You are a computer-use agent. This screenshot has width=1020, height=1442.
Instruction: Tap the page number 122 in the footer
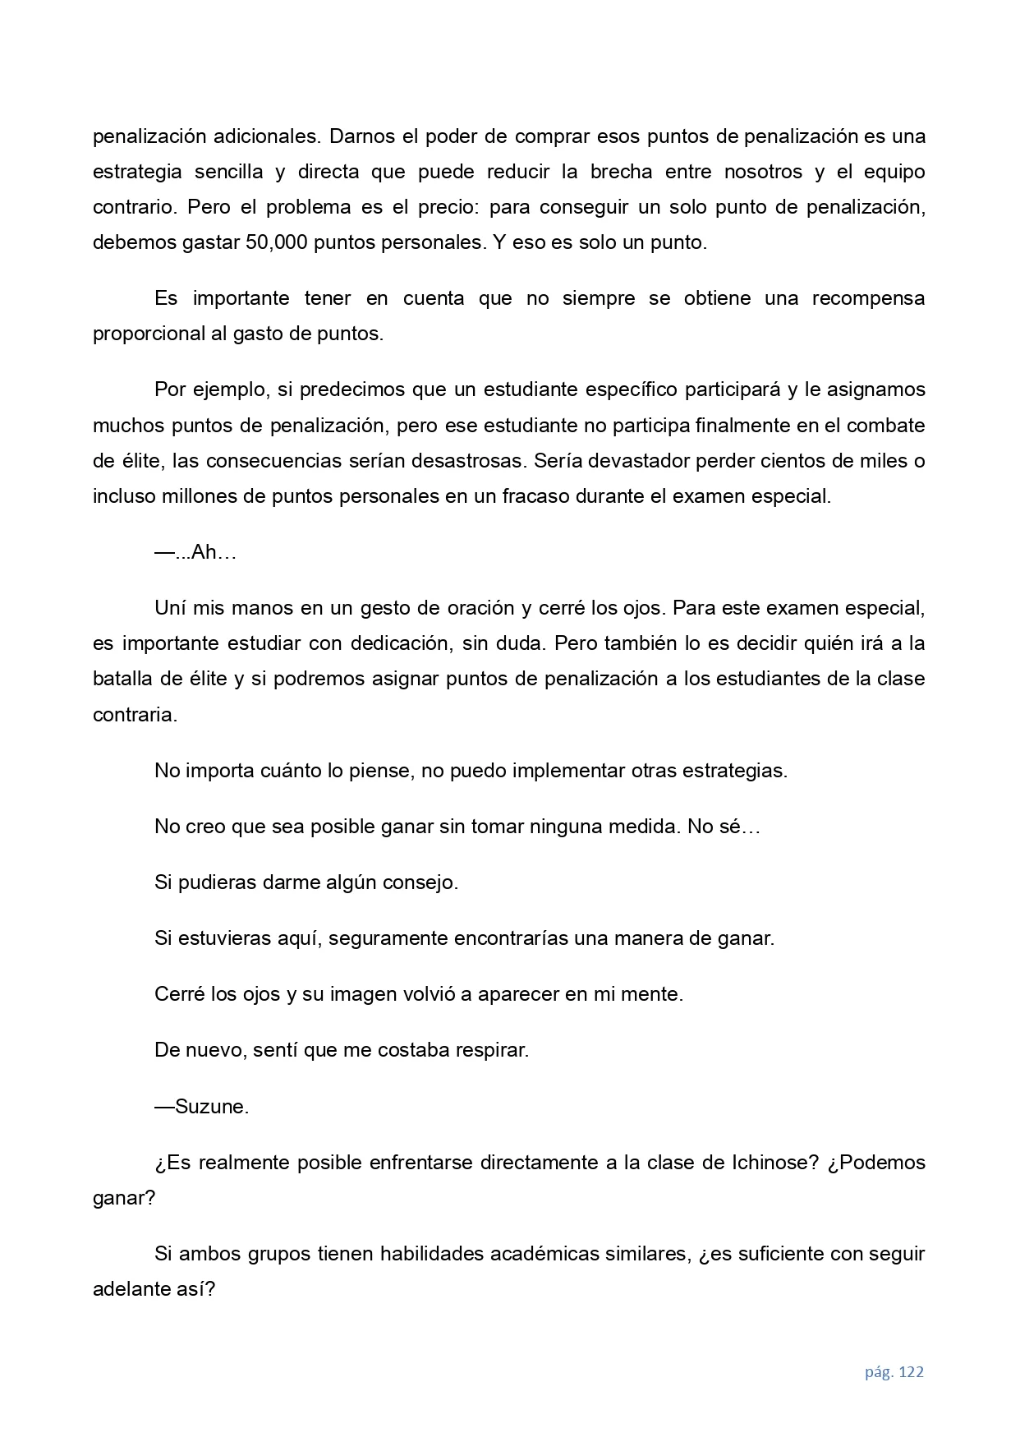912,1372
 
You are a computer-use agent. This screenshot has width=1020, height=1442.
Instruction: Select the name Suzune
211,1107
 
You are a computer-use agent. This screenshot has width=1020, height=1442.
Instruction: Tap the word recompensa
868,298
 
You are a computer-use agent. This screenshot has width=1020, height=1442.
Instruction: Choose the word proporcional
144,334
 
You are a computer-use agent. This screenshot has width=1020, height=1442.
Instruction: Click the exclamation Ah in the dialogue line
203,552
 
